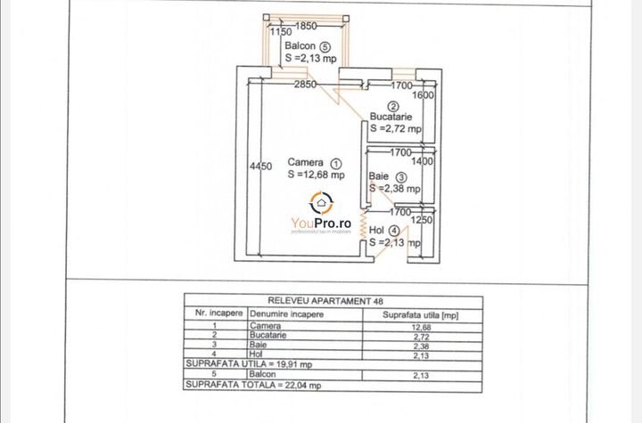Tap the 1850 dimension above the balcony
point(308,27)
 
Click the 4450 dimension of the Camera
point(260,167)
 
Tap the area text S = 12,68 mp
point(315,175)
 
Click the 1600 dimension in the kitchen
point(424,96)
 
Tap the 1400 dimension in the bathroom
point(423,162)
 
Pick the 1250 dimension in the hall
point(424,220)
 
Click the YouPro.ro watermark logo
point(321,214)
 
